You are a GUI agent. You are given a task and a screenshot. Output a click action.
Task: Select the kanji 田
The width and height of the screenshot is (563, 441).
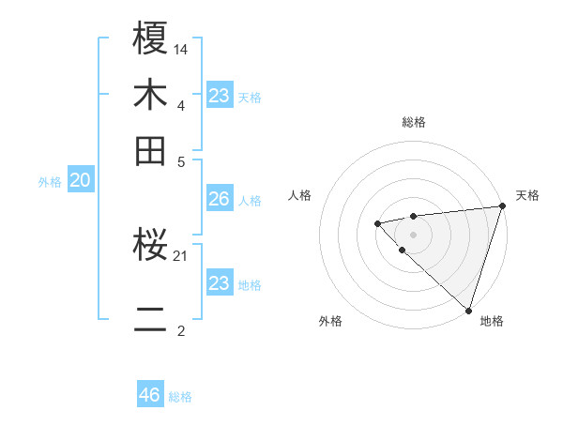coord(151,150)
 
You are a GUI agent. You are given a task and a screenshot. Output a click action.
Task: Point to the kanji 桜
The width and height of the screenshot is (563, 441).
coord(151,246)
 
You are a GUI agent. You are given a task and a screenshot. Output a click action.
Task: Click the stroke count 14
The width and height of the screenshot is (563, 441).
coord(181,48)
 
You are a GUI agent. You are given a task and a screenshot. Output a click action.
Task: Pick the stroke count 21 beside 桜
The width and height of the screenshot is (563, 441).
coord(181,255)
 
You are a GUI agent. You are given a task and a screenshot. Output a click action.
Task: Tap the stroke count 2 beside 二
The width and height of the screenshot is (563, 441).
coord(180,331)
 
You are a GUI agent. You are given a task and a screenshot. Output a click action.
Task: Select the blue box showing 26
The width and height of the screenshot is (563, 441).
coord(219,199)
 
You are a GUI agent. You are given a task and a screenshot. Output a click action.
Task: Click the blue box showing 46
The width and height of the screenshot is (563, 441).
coord(150,395)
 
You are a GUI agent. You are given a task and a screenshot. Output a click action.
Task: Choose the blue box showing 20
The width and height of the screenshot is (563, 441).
coord(80,180)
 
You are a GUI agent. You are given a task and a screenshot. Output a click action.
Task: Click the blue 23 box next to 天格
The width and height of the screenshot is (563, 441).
coord(219,96)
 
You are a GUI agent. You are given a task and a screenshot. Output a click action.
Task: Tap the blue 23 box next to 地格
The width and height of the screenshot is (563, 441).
coord(219,283)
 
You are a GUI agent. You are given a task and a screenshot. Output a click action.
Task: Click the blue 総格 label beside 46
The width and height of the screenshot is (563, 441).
coord(180,397)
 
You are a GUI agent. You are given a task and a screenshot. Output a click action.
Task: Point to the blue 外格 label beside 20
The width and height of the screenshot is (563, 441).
coord(50,182)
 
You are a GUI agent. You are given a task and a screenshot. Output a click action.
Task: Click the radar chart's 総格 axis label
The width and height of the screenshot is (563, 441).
coord(413,122)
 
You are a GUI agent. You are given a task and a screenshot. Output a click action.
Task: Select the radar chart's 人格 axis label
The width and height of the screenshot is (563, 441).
coord(300,195)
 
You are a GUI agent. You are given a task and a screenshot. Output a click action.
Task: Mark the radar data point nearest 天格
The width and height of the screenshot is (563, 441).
coord(502,206)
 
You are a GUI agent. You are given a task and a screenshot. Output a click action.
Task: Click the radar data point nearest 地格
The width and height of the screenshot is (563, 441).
coord(467,309)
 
